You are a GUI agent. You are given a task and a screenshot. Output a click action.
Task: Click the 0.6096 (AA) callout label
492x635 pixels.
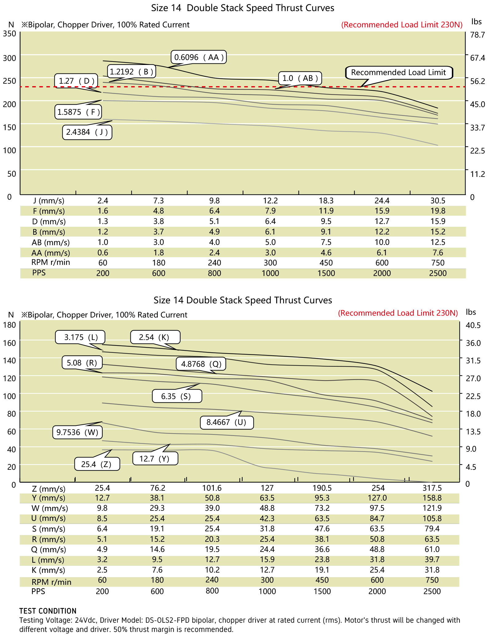click(199, 57)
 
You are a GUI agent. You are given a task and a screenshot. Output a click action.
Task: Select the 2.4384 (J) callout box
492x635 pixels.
click(87, 132)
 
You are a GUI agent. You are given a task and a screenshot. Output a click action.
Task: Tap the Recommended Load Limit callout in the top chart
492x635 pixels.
click(399, 73)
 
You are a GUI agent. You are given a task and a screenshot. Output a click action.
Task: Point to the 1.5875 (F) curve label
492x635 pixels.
click(79, 112)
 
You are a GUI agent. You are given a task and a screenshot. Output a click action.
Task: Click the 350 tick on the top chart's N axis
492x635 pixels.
click(9, 34)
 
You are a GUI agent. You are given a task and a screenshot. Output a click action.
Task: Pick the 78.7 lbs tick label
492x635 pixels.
click(478, 35)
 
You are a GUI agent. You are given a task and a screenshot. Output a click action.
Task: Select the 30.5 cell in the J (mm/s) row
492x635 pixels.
click(438, 201)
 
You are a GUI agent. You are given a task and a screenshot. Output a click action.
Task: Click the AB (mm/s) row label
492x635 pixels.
click(51, 242)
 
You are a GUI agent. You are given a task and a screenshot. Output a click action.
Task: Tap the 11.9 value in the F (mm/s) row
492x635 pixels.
click(326, 211)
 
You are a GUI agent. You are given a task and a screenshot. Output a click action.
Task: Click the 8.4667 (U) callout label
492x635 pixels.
click(227, 422)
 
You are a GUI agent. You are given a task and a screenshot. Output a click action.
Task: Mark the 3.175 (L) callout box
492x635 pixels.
click(81, 337)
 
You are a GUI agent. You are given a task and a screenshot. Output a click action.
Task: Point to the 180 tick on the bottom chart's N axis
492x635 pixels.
click(9, 325)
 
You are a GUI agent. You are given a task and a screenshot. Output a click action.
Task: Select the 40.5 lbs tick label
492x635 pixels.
click(473, 325)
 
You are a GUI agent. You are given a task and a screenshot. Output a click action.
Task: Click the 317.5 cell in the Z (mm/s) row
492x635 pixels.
click(432, 488)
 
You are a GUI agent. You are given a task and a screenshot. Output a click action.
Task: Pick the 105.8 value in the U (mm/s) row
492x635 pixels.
click(432, 519)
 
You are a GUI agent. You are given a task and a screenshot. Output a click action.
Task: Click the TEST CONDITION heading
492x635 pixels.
click(48, 611)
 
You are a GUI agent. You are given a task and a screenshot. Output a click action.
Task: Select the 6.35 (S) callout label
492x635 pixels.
click(177, 396)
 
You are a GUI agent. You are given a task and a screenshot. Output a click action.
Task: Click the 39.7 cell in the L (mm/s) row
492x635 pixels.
click(432, 560)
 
